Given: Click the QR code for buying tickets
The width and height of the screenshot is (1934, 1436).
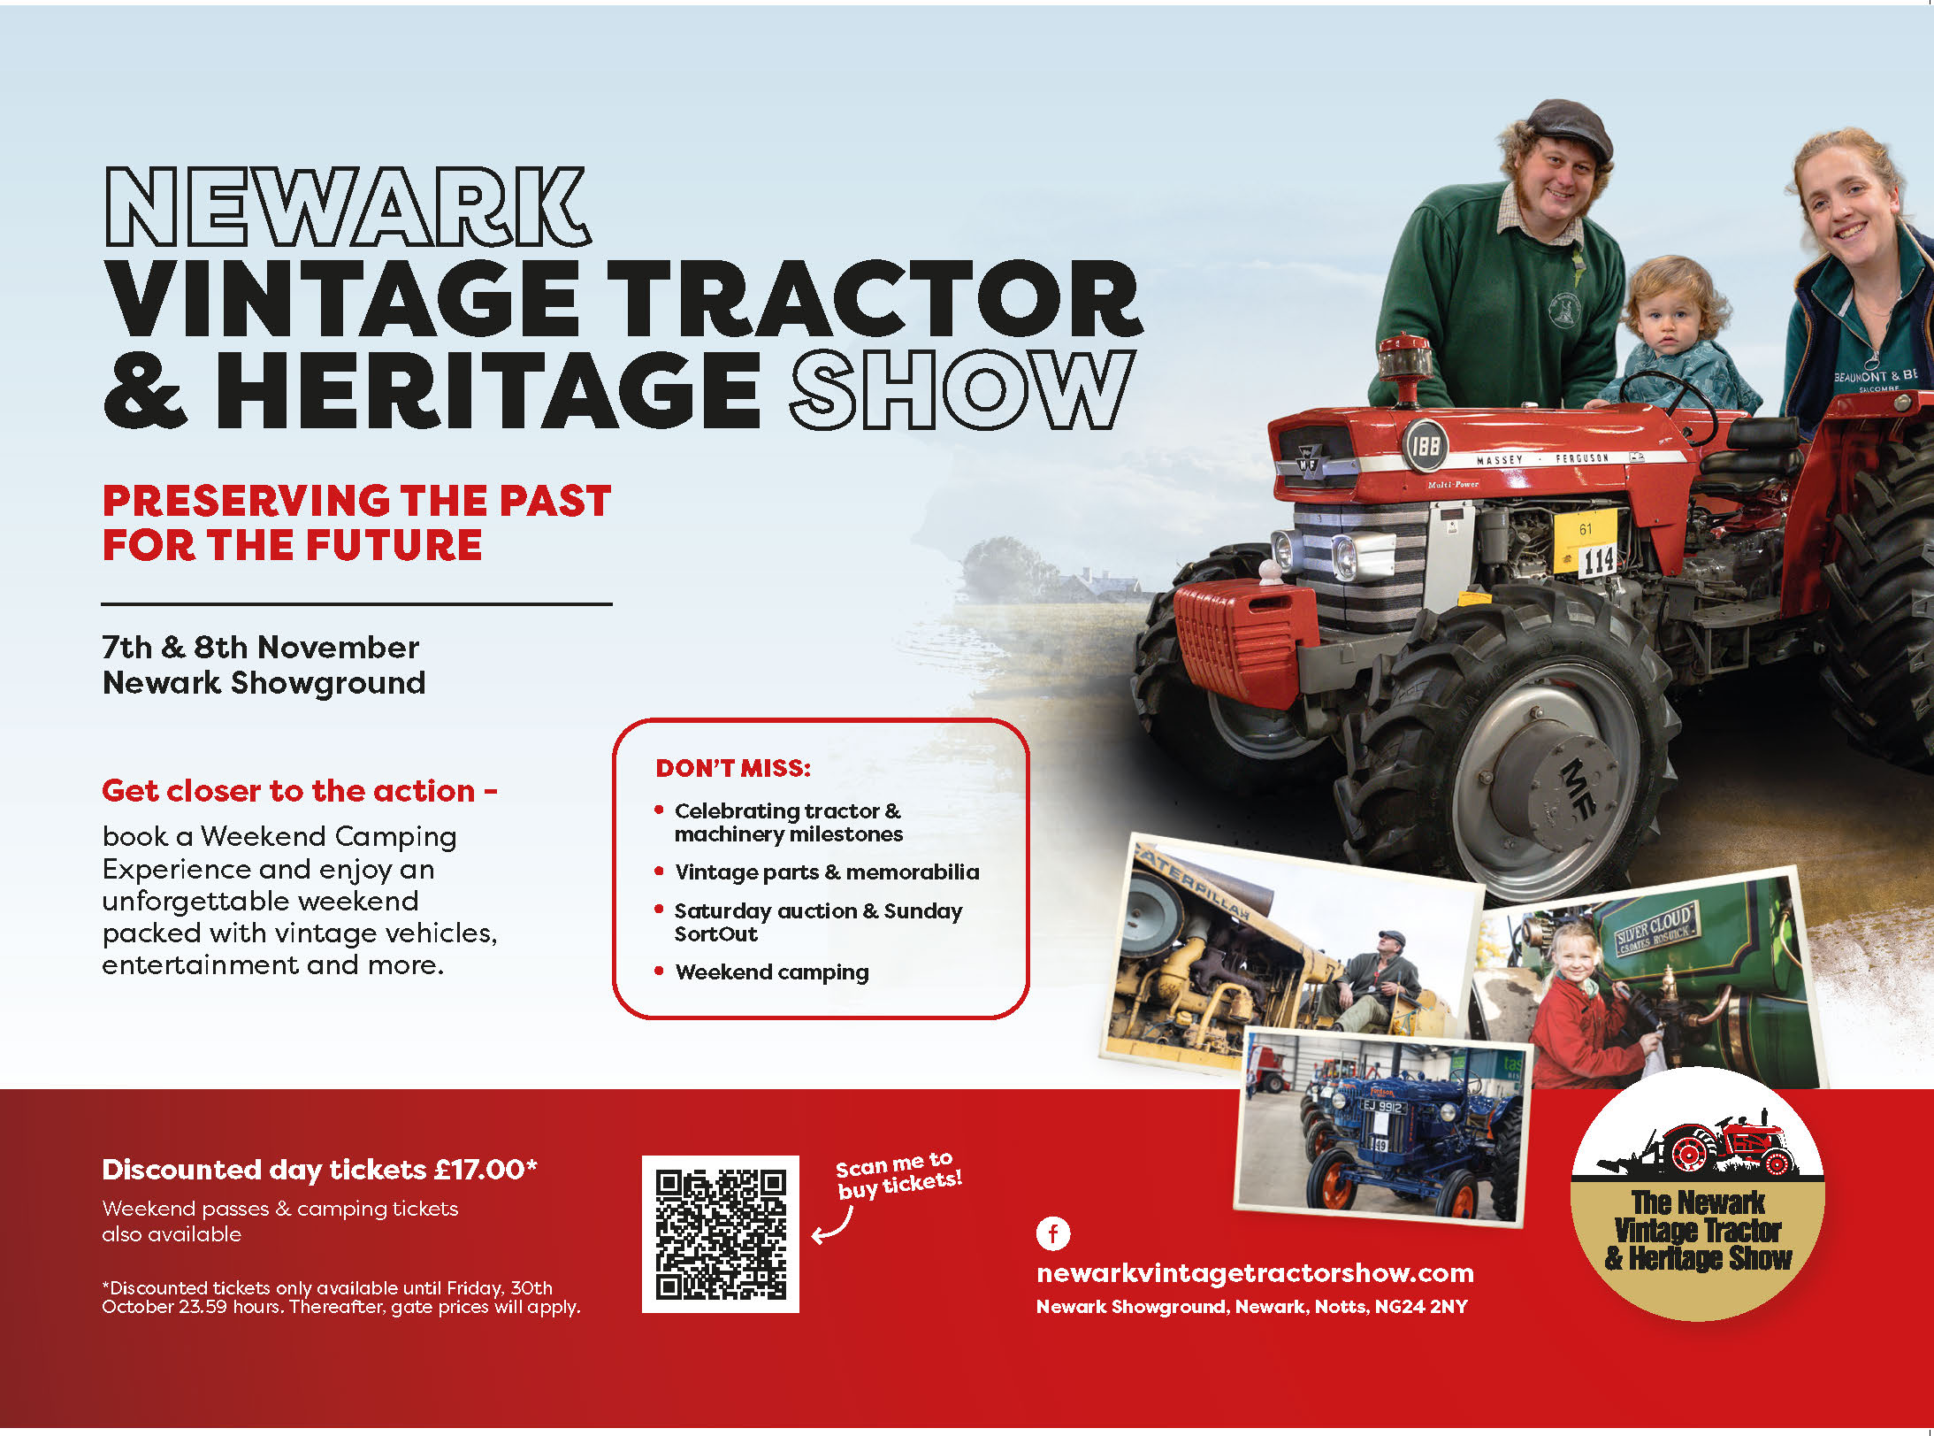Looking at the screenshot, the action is pyautogui.click(x=720, y=1233).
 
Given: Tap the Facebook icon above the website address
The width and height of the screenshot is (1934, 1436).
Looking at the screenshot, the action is pyautogui.click(x=1052, y=1233).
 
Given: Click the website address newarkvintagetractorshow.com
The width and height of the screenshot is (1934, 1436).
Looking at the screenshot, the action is pyautogui.click(x=1255, y=1273).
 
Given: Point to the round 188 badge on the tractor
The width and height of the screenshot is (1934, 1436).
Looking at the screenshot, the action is pyautogui.click(x=1425, y=445).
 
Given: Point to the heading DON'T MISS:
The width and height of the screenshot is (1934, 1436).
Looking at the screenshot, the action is pyautogui.click(x=733, y=768).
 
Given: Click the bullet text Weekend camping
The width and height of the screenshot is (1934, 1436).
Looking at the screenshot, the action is pyautogui.click(x=772, y=971).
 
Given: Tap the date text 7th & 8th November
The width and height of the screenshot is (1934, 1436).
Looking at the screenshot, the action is pyautogui.click(x=261, y=648).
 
